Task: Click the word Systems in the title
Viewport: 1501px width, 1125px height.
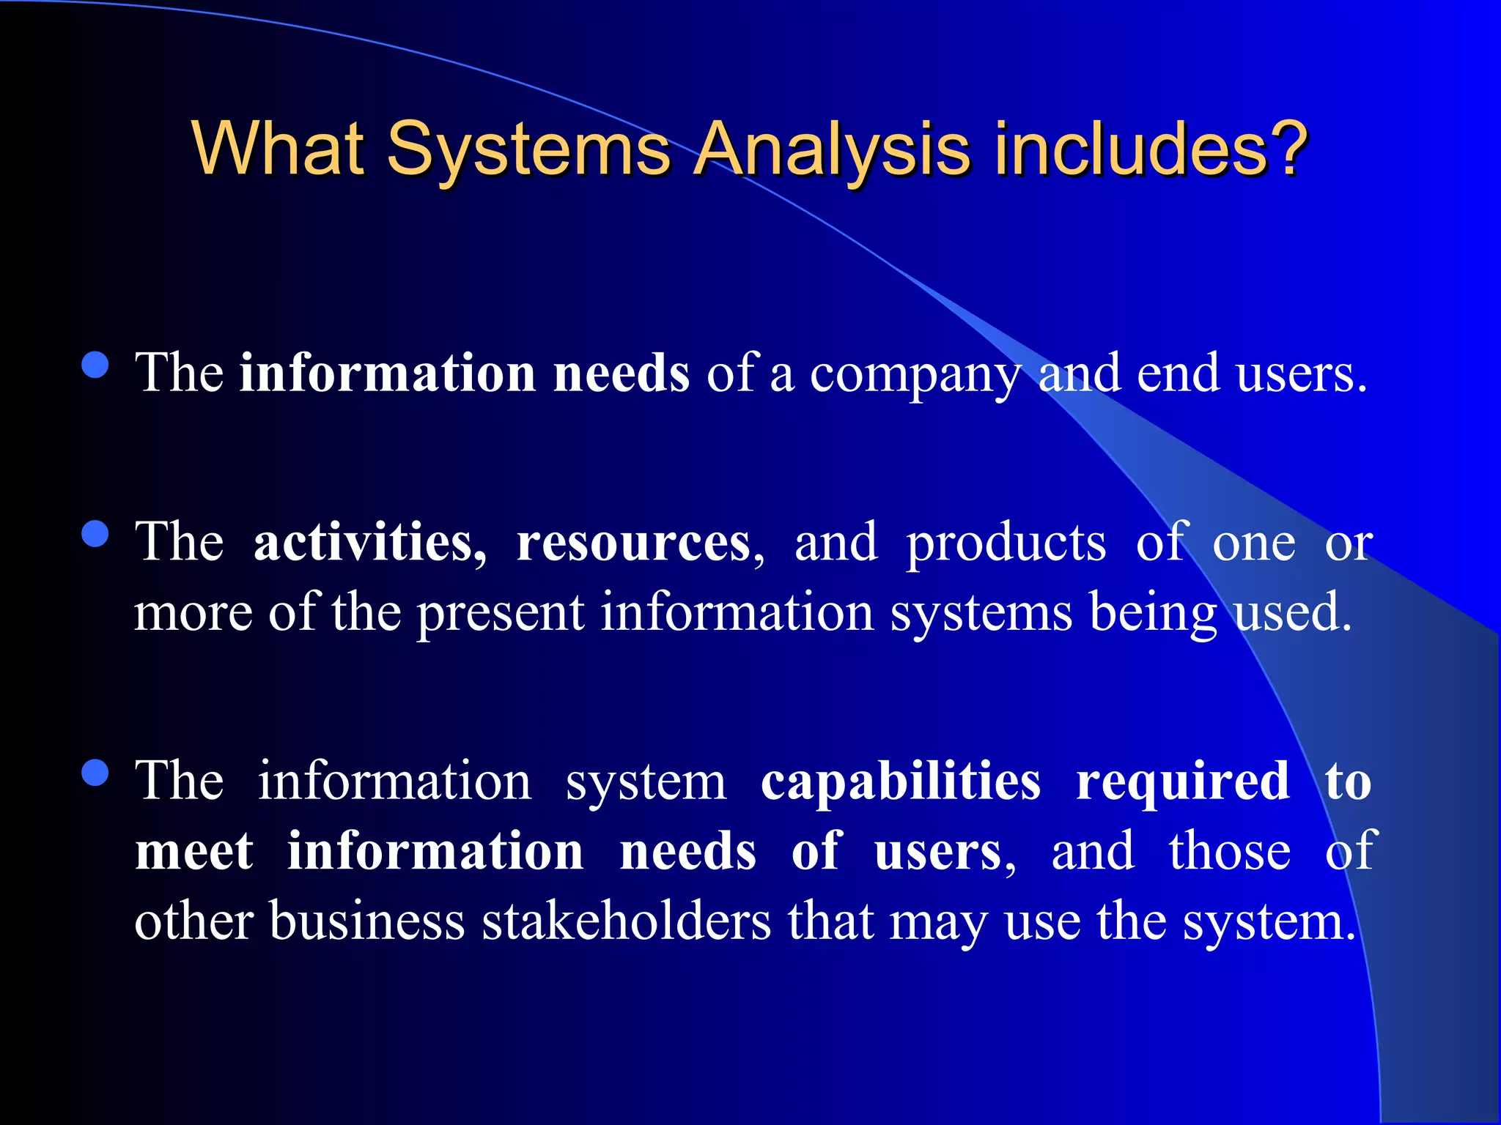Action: pos(528,150)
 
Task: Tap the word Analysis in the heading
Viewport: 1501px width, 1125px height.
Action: pos(833,150)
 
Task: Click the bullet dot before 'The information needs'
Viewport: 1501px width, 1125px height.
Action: pos(96,365)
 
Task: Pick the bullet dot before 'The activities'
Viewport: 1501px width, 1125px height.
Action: pos(96,534)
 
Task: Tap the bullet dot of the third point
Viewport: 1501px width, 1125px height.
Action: pos(96,773)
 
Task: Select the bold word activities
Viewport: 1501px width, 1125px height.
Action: pos(369,543)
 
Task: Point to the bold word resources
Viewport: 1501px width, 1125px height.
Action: pos(635,544)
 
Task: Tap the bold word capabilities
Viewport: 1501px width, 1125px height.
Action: pos(901,782)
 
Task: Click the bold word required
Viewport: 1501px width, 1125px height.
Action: pos(1182,782)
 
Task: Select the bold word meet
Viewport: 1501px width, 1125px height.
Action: pos(194,852)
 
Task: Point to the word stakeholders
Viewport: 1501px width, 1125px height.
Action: pos(627,921)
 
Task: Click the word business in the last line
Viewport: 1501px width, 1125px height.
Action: pos(367,921)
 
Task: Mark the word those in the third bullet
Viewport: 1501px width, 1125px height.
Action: pos(1229,852)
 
